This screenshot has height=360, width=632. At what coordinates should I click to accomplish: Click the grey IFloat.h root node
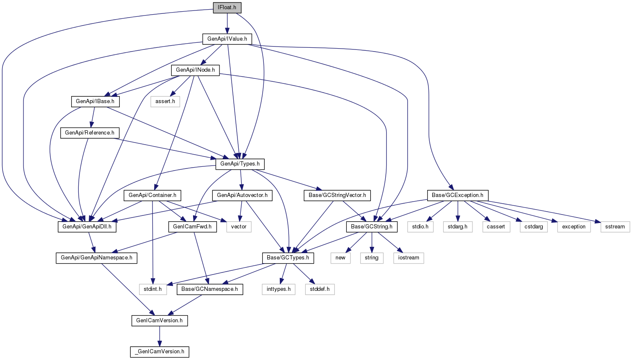pos(227,8)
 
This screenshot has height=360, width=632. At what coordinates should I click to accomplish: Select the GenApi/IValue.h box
pos(227,39)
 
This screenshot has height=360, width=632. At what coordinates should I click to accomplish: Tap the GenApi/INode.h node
pos(195,70)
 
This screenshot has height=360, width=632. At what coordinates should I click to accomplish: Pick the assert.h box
pos(165,101)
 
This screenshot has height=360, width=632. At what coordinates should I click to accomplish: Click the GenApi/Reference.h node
pos(90,133)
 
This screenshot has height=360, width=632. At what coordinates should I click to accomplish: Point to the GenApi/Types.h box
pos(240,164)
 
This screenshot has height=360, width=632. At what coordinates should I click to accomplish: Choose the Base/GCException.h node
pos(458,195)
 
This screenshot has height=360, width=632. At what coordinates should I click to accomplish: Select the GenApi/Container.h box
pos(152,195)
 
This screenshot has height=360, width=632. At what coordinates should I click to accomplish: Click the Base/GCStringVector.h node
pos(337,195)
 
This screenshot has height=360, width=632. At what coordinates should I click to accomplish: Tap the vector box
pos(239,227)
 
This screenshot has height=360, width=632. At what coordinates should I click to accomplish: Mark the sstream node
pos(615,227)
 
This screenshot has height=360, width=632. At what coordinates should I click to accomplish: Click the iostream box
pos(408,258)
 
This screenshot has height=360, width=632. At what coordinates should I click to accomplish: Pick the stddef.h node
pos(320,290)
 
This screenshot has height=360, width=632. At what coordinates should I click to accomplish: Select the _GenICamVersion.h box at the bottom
pos(160,352)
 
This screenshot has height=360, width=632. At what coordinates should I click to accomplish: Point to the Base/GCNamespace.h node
pos(210,290)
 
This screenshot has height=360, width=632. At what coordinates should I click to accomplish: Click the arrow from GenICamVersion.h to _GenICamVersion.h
pos(160,336)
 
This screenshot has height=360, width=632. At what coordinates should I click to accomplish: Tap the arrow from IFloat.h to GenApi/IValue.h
pos(227,23)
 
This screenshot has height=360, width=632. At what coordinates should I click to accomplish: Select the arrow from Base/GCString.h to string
pos(372,242)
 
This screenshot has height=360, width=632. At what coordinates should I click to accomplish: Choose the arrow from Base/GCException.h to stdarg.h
pos(458,211)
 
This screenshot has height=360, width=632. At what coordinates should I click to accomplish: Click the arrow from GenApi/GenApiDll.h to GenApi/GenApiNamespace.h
pos(92,242)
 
